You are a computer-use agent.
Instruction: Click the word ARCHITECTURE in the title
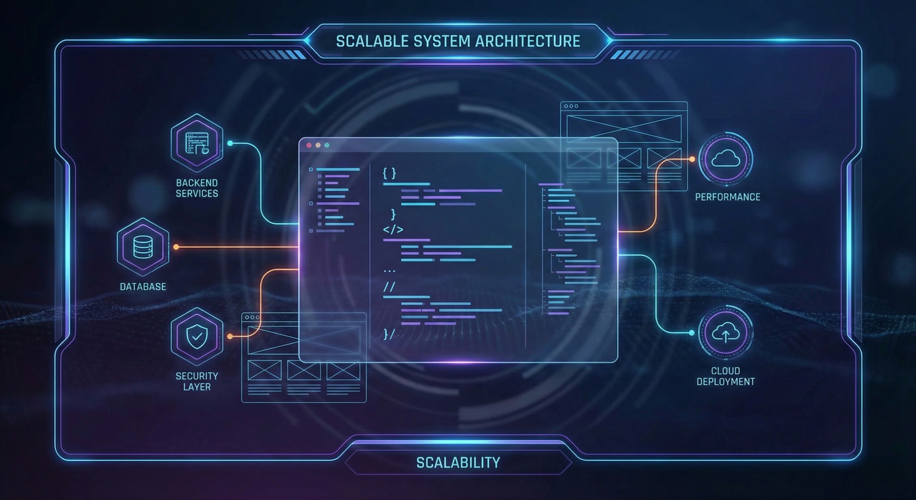coord(528,41)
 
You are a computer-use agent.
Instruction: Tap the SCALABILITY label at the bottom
coord(458,463)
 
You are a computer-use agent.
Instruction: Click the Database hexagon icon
coord(143,247)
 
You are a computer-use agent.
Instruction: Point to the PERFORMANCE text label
coord(727,197)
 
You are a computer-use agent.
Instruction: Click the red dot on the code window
coord(309,145)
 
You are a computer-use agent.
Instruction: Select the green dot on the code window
coord(327,145)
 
